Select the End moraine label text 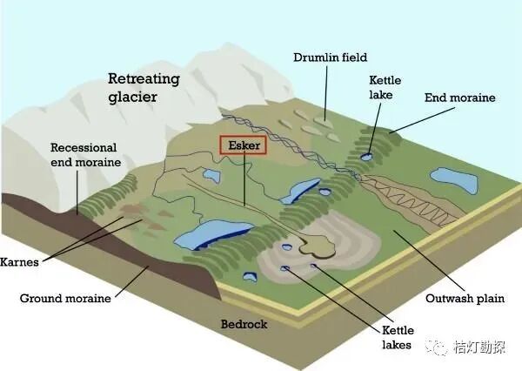point(459,98)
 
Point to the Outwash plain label point(465,299)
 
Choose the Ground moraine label point(65,298)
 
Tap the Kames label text point(23,260)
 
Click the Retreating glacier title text point(144,87)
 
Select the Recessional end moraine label point(84,154)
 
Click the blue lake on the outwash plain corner point(453,180)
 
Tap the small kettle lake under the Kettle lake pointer point(366,157)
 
